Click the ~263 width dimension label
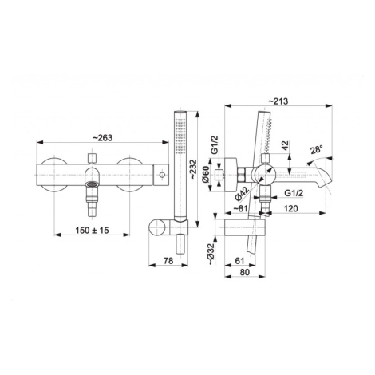click(103, 138)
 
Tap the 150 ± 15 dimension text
click(92, 230)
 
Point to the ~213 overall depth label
click(278, 101)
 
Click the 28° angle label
click(317, 150)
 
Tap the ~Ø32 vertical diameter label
click(211, 254)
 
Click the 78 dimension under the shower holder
click(168, 261)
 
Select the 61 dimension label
click(239, 261)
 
